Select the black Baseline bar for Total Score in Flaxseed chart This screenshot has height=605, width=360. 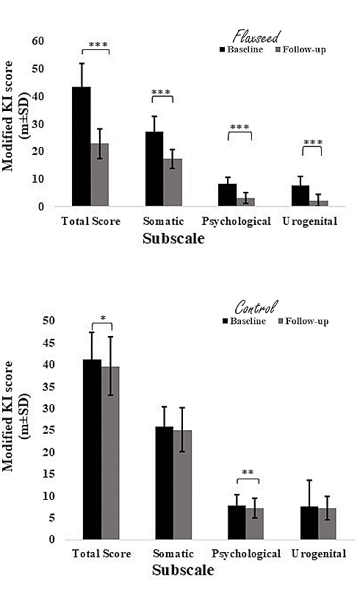tap(81, 147)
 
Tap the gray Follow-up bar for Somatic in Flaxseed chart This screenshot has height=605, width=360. tap(172, 183)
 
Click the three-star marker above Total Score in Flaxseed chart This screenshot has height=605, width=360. tap(98, 45)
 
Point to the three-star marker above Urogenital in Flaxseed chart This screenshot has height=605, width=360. tap(312, 142)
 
